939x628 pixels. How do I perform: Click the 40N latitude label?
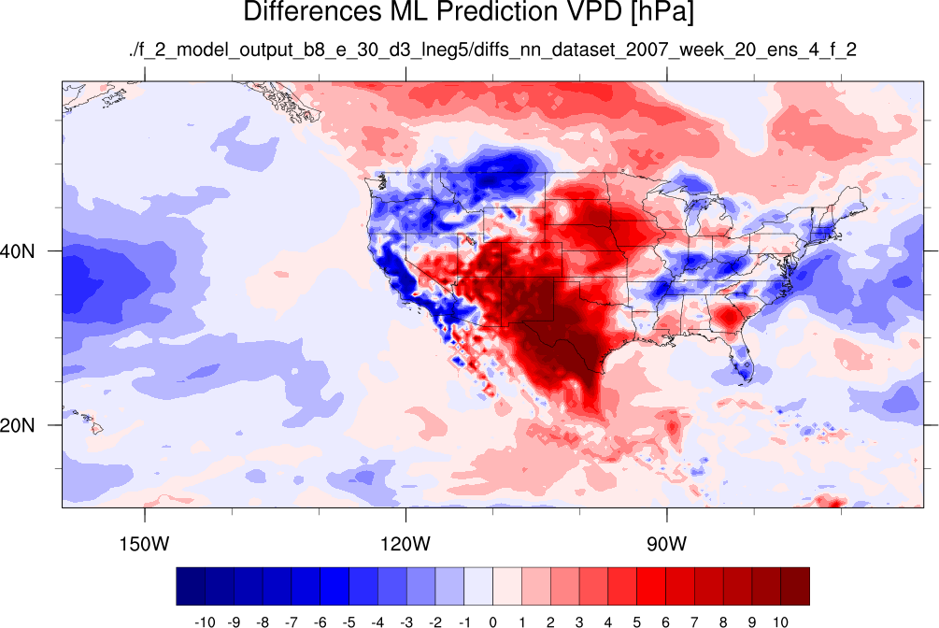(17, 251)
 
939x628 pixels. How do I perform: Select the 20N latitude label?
(17, 425)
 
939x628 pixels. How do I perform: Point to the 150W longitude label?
(144, 544)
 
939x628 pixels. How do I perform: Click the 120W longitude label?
(405, 544)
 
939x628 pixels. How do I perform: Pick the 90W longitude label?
(666, 544)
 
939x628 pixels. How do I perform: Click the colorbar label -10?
(205, 622)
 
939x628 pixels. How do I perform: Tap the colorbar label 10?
(780, 622)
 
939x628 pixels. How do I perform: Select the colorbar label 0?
(492, 622)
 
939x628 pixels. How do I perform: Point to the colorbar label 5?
(636, 622)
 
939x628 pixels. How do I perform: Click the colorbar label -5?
(349, 622)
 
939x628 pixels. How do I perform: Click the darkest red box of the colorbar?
(795, 586)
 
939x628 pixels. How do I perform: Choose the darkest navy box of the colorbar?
(191, 586)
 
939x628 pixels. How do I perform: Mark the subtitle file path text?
(492, 50)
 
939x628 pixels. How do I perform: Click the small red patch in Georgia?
(729, 316)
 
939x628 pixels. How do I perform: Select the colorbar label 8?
(723, 622)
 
